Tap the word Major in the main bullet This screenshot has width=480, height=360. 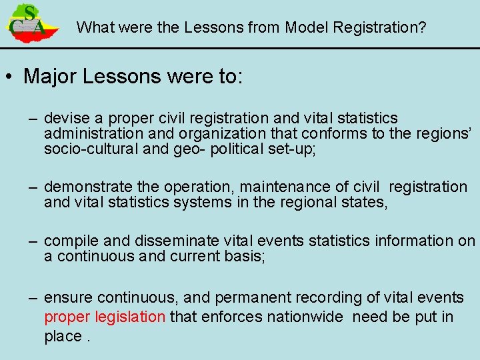51,76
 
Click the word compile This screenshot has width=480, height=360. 70,241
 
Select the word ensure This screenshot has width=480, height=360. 65,298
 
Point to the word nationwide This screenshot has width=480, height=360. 304,317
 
